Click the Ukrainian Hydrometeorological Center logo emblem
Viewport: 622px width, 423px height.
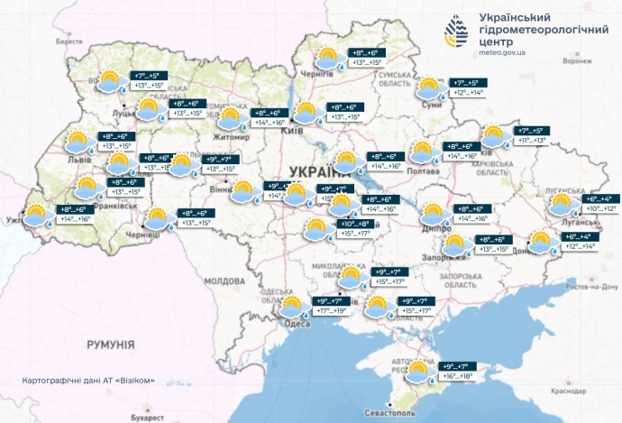(456, 36)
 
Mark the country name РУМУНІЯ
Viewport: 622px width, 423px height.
(110, 345)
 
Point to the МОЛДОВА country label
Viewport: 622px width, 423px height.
(224, 280)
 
